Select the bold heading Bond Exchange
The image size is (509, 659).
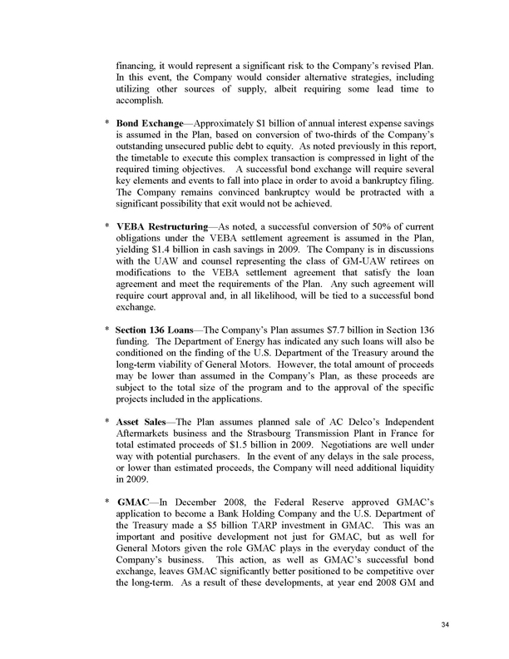point(151,123)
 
